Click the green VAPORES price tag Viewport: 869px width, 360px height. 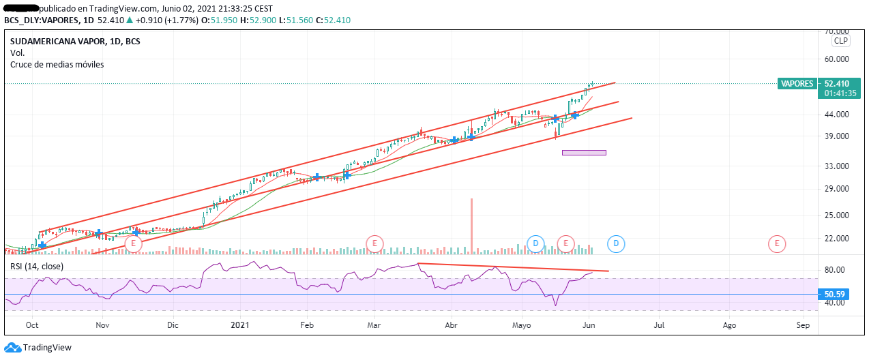pos(797,84)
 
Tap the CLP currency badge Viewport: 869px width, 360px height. pos(840,41)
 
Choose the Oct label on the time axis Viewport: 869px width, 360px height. pos(32,326)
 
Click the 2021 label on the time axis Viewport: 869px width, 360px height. pos(240,326)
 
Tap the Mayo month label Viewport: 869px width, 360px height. pos(522,326)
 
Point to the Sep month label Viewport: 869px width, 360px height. pos(803,326)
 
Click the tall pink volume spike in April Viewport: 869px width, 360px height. pos(471,225)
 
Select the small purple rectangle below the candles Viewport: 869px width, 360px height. pos(584,152)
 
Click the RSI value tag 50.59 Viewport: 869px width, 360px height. pos(835,295)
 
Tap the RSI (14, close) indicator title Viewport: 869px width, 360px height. pos(38,266)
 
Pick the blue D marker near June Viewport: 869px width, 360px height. pos(616,243)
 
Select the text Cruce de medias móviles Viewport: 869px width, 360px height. pos(57,65)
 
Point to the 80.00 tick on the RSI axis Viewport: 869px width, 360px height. pos(837,270)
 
